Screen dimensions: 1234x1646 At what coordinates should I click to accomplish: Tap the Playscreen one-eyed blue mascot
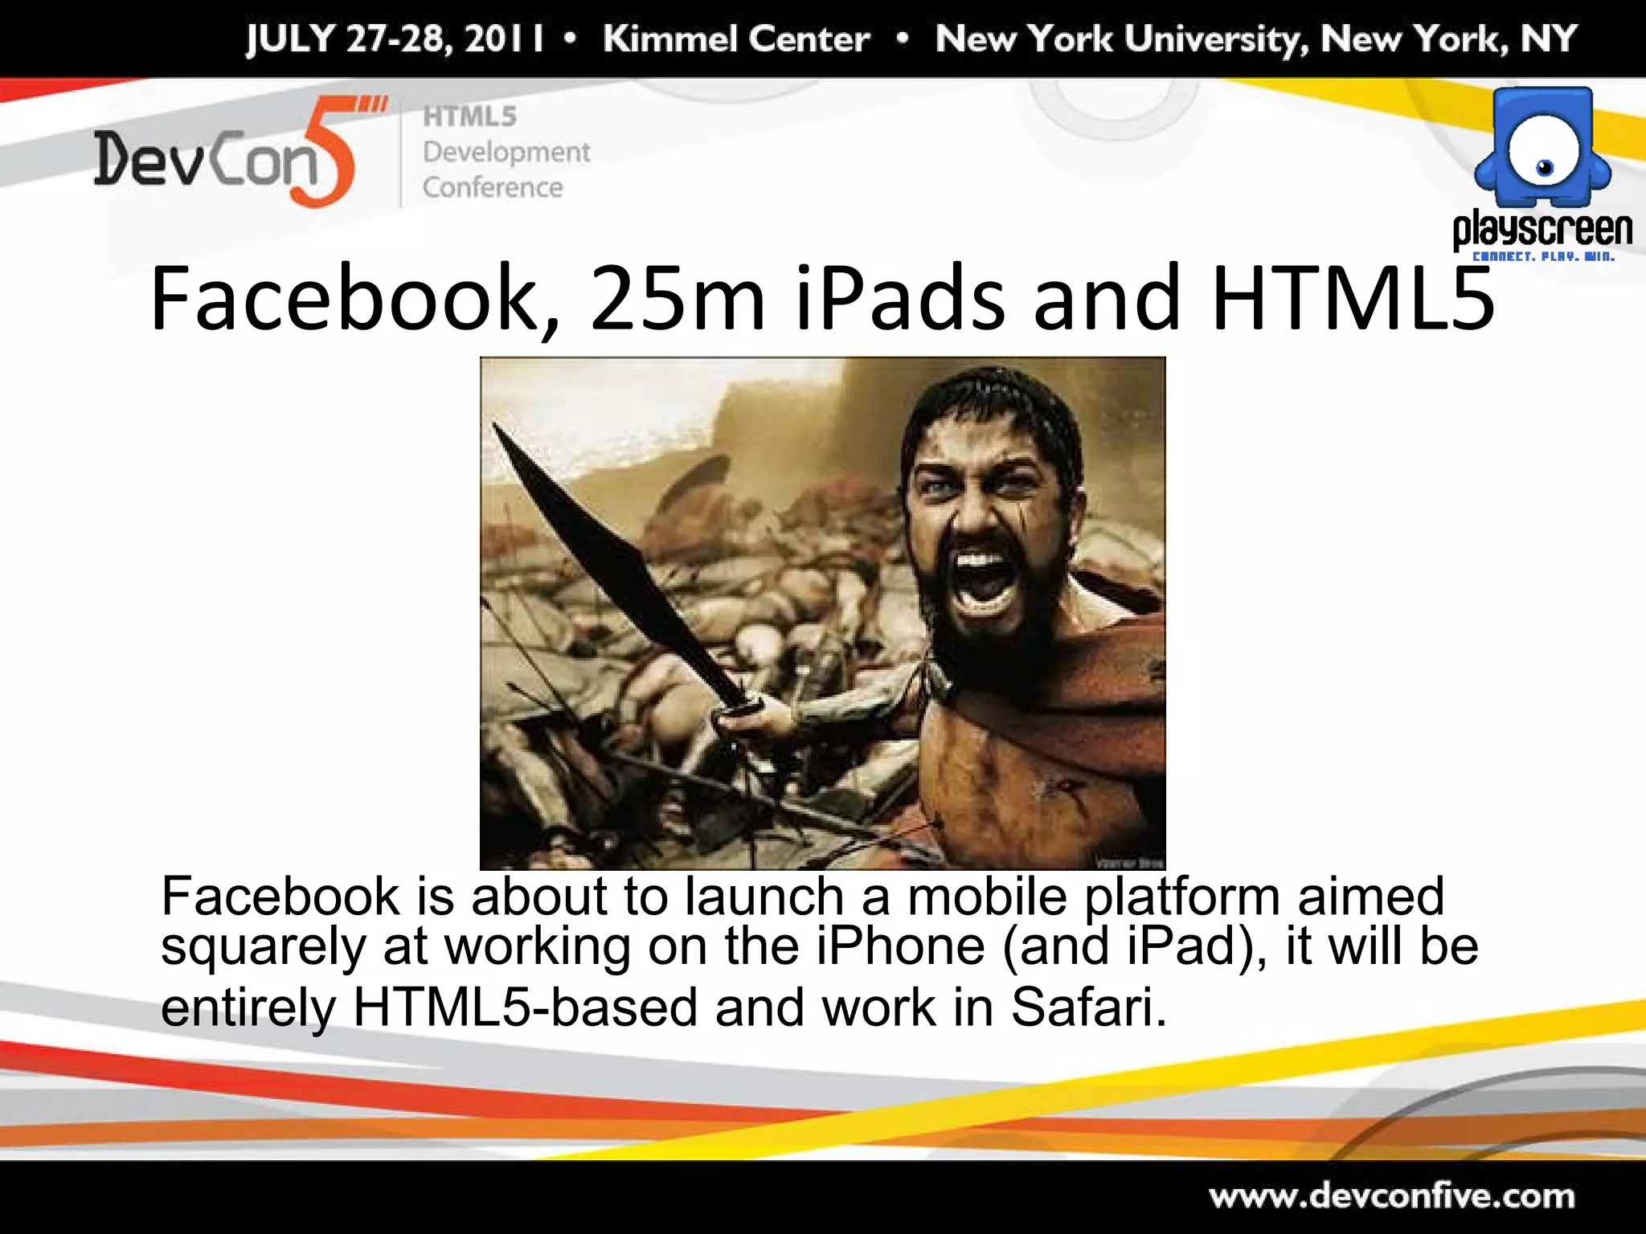1542,149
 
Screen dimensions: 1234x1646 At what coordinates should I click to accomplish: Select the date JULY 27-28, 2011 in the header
395,39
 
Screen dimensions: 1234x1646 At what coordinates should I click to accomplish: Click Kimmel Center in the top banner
736,39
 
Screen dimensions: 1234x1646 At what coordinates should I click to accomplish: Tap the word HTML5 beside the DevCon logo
470,116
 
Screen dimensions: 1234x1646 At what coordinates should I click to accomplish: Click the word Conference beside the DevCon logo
493,187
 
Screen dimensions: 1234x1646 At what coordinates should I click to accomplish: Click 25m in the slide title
677,299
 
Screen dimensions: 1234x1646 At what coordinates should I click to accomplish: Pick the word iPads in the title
900,299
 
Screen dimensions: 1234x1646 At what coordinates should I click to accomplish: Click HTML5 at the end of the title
1353,299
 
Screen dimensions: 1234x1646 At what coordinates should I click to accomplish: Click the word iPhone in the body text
901,946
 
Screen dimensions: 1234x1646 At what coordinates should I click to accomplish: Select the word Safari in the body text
1087,1006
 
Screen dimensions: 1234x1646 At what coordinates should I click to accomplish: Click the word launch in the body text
764,896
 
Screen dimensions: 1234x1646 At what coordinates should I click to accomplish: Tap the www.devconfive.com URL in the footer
1391,1196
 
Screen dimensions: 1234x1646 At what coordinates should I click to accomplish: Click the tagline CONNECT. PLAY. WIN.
1542,257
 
